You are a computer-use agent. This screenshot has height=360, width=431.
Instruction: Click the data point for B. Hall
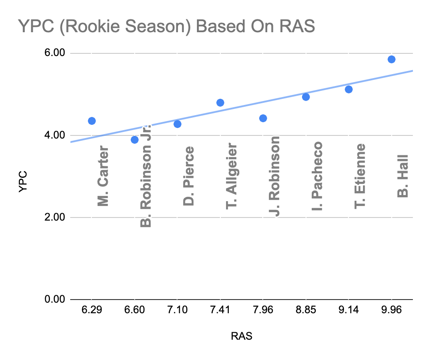(391, 60)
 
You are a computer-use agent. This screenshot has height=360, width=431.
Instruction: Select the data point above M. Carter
(92, 121)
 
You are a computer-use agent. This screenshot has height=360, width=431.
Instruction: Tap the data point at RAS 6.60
(135, 140)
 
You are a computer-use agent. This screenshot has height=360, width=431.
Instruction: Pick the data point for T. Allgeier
(220, 103)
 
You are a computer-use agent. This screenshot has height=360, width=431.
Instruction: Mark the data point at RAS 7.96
(263, 118)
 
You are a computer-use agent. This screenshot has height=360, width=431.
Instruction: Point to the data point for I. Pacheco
(306, 97)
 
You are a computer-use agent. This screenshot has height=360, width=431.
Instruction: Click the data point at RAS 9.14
(348, 90)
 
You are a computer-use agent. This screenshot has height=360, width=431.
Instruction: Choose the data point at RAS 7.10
(178, 124)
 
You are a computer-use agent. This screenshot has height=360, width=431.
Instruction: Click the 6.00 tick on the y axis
(55, 53)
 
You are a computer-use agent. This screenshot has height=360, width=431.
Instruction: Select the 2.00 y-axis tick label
(55, 217)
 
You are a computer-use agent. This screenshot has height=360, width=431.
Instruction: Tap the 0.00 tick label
(55, 300)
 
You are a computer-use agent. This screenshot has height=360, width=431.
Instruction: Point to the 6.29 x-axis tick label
(92, 310)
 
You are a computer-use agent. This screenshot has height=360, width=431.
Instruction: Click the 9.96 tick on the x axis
(391, 310)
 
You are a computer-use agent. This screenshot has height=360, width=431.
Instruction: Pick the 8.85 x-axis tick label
(306, 310)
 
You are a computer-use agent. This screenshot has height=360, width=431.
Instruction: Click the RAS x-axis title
(242, 337)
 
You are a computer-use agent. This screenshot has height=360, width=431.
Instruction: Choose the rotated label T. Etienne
(360, 176)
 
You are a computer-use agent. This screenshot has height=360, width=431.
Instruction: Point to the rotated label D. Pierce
(189, 176)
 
